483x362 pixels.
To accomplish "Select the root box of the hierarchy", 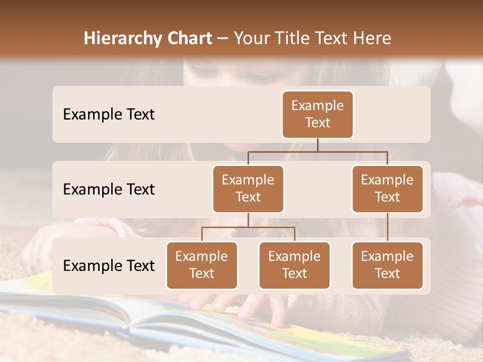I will coord(317,115).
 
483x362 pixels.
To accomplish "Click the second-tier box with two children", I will coord(248,189).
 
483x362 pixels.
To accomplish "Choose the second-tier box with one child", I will coord(387,189).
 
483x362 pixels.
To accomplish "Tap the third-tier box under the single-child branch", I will coord(387,265).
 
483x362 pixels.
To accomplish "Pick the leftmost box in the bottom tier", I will coord(202,265).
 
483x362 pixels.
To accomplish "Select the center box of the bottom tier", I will coord(294,265).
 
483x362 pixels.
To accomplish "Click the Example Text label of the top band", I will coord(109,115).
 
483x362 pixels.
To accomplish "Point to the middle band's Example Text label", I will coord(109,190).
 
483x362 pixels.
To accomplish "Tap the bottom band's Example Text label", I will coord(109,266).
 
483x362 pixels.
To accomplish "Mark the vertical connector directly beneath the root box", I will coord(317,145).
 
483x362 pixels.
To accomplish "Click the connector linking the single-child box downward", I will coord(387,227).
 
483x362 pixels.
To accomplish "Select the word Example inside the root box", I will coord(317,106).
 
